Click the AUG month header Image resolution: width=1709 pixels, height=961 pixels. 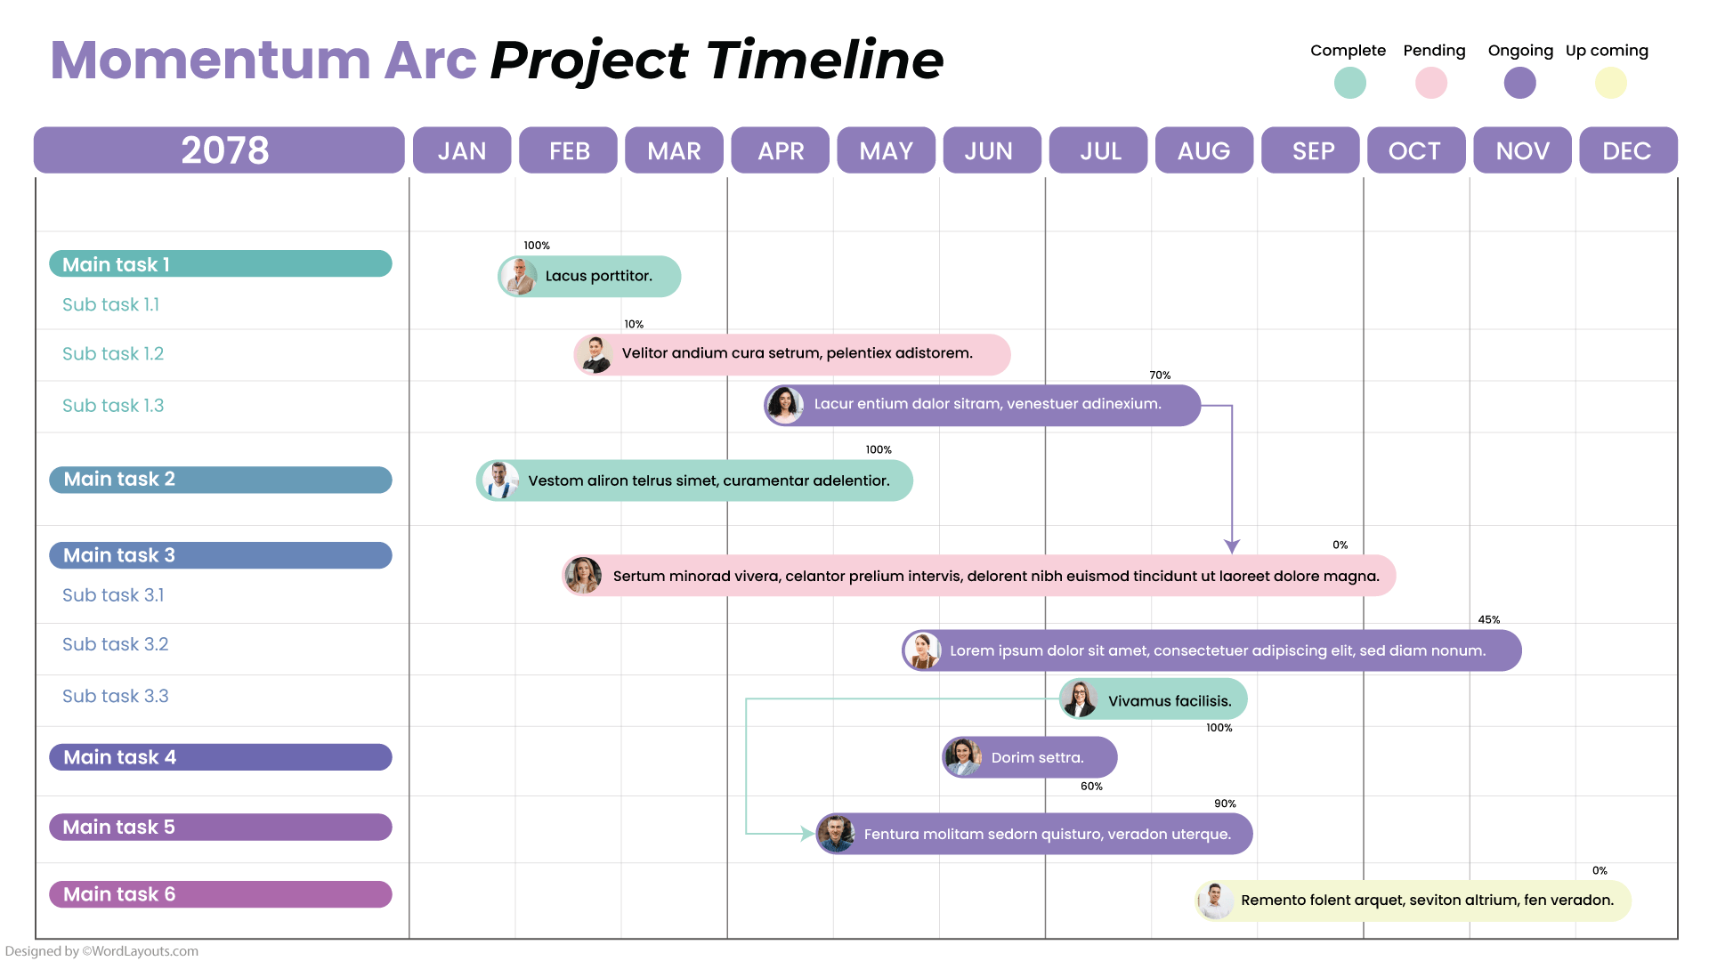pos(1203,150)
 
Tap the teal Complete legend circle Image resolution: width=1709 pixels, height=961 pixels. pos(1349,83)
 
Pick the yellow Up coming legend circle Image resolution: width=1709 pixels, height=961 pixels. pos(1610,83)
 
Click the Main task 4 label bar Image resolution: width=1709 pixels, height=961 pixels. pos(220,757)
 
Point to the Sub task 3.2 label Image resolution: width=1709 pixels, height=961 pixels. pos(115,644)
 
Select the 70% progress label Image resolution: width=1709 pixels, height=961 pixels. pos(1160,376)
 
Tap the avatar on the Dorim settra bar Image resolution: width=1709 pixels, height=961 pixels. pos(963,757)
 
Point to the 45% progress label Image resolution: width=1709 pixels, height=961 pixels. pos(1488,620)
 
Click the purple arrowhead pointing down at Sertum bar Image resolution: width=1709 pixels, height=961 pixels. pos(1232,545)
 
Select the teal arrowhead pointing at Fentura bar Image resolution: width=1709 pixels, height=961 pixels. pos(806,834)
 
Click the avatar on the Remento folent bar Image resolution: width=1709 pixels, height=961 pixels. pos(1215,900)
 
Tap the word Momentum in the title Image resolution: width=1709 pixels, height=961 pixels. pos(210,61)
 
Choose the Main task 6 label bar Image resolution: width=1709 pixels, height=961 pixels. pos(220,894)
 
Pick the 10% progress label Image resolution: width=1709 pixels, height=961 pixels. pos(634,325)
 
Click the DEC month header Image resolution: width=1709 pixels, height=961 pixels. pos(1627,150)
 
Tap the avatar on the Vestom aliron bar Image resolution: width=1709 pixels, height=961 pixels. pos(500,480)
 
